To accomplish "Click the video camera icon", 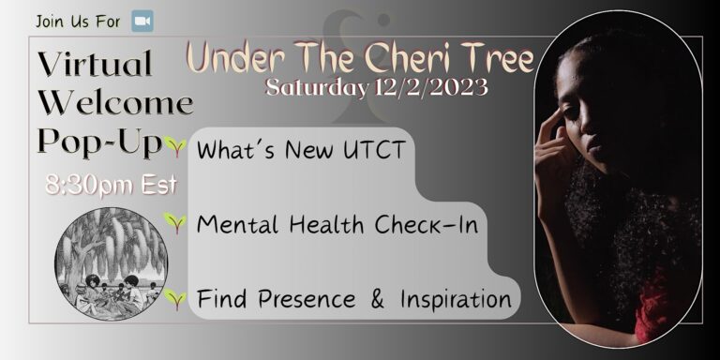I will [142, 21].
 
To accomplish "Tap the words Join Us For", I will [79, 21].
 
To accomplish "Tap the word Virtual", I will [96, 65].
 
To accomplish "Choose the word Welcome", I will [115, 101].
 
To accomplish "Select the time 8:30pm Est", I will [111, 184].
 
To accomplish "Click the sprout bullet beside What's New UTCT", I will [173, 146].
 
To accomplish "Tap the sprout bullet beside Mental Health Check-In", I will [173, 222].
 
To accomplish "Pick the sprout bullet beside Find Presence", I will [173, 299].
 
